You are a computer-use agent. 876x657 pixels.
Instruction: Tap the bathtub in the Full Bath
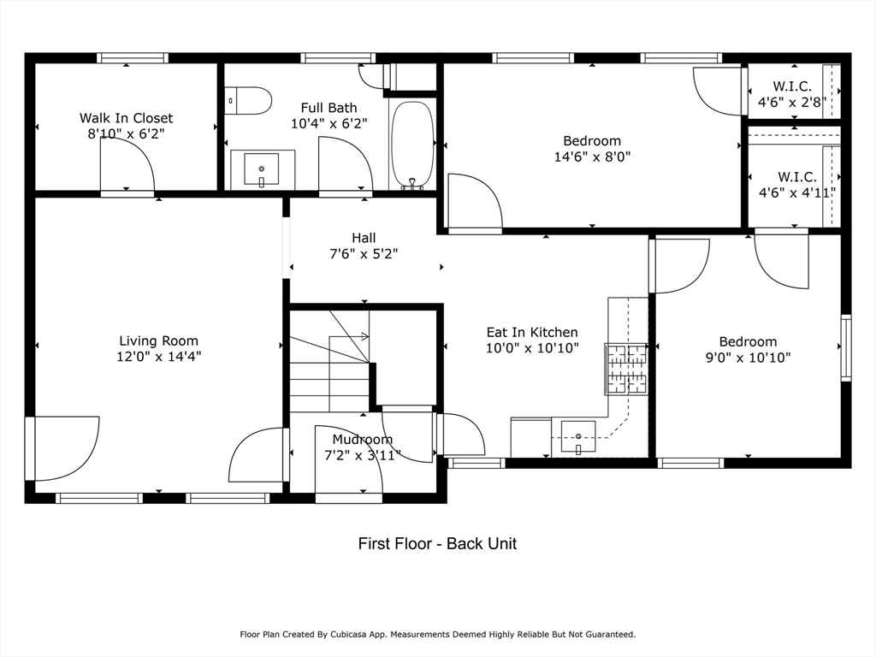[x=412, y=143]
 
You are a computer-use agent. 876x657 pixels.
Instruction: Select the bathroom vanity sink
[x=261, y=169]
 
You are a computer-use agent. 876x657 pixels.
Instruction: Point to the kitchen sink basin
[x=578, y=436]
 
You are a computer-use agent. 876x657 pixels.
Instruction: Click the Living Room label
[x=158, y=340]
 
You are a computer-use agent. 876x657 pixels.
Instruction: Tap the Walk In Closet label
[x=127, y=118]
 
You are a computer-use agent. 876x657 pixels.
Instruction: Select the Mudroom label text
[x=363, y=439]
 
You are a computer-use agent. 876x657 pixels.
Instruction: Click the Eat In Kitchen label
[x=532, y=333]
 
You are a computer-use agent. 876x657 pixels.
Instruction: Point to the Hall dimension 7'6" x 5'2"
[x=364, y=254]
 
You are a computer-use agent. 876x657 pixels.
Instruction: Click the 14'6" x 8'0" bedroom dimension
[x=592, y=157]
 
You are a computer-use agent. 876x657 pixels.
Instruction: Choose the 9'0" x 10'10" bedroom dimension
[x=748, y=358]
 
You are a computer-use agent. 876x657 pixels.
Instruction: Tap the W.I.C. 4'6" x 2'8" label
[x=792, y=94]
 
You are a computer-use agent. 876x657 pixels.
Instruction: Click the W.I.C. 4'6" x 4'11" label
[x=796, y=185]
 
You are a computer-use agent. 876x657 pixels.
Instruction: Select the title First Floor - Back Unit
[x=437, y=543]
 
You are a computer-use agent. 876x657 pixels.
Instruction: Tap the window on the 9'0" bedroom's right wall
[x=846, y=347]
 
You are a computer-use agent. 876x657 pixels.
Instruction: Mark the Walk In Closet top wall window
[x=133, y=58]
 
